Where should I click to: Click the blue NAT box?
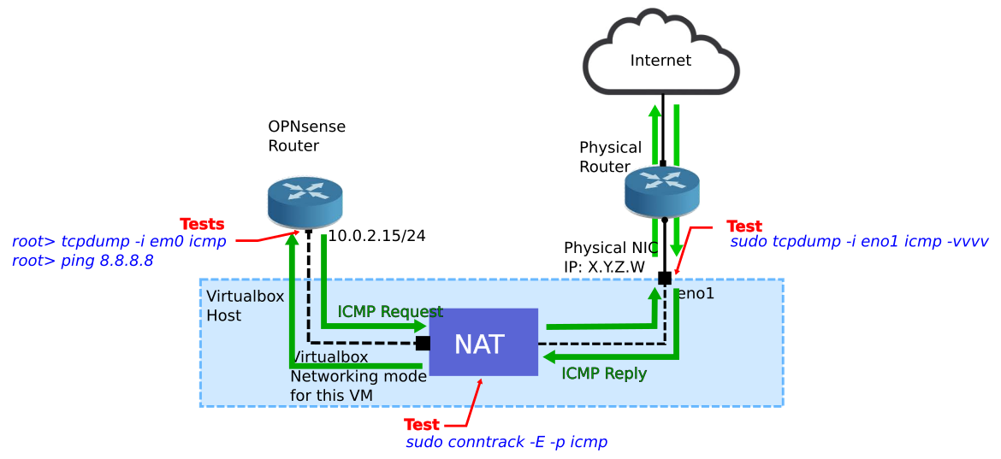click(x=483, y=342)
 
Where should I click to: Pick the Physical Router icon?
click(x=661, y=191)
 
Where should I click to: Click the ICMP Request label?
click(x=390, y=312)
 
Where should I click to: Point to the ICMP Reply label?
click(x=604, y=374)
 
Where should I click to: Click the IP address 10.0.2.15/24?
click(x=376, y=236)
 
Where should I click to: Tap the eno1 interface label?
click(x=696, y=294)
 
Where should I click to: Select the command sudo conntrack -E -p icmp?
click(x=506, y=442)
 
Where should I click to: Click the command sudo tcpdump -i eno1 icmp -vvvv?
click(x=859, y=242)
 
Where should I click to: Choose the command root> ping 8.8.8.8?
click(x=82, y=261)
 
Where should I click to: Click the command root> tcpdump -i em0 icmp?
click(x=119, y=242)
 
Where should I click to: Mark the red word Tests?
click(x=202, y=224)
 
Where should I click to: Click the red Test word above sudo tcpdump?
click(x=744, y=227)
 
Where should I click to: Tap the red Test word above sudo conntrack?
click(x=422, y=425)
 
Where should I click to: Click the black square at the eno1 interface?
click(x=665, y=278)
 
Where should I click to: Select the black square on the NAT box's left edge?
click(x=423, y=344)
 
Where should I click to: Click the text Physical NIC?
click(x=611, y=248)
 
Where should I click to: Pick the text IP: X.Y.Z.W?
click(x=604, y=267)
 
